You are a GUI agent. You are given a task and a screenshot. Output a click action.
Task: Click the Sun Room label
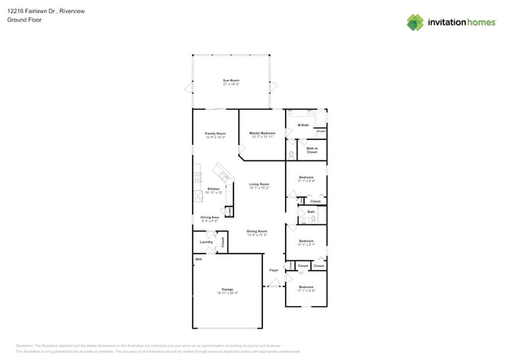click(x=231, y=81)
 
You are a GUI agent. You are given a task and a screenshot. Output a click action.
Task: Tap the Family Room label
click(x=215, y=134)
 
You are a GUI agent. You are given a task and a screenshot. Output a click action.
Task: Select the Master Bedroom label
click(x=262, y=134)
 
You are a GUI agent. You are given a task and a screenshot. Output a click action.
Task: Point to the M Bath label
click(x=304, y=125)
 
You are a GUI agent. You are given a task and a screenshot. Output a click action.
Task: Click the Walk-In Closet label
click(x=312, y=149)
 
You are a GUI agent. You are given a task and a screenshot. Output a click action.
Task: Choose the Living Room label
click(x=259, y=185)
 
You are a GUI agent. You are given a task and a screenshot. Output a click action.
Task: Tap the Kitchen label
click(x=213, y=189)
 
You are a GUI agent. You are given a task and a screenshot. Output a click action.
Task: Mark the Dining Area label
click(x=210, y=218)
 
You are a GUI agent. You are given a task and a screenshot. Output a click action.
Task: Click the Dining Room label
click(x=257, y=231)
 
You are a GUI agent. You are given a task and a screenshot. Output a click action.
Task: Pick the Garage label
click(x=227, y=289)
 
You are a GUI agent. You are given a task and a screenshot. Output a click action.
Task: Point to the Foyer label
click(x=274, y=270)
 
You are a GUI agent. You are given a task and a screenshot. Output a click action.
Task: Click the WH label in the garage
click(x=199, y=259)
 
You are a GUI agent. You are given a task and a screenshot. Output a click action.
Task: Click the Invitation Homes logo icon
click(x=415, y=22)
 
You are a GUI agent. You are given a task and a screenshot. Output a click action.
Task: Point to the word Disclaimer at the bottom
click(x=26, y=345)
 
